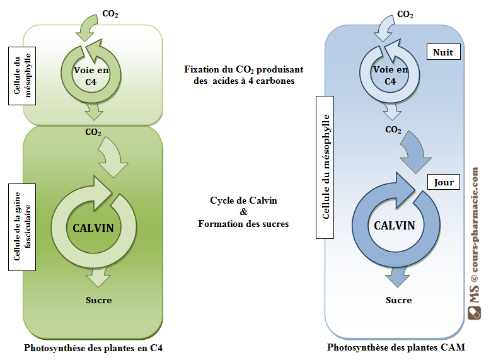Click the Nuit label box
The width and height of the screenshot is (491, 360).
click(443, 52)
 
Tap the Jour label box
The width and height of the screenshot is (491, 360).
click(444, 182)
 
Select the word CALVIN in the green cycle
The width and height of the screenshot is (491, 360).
click(93, 228)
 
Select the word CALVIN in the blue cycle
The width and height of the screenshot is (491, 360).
click(395, 225)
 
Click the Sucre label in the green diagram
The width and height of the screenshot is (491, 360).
click(98, 300)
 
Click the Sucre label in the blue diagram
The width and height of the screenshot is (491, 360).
click(398, 300)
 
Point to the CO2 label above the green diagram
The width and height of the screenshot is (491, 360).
click(110, 13)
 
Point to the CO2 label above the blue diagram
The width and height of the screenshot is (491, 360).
click(405, 15)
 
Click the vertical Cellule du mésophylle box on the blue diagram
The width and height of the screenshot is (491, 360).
click(326, 167)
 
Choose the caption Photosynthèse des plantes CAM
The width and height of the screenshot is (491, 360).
click(396, 347)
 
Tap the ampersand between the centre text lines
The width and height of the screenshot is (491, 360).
click(244, 212)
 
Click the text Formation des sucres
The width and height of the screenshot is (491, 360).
click(243, 223)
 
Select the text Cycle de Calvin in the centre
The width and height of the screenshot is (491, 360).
click(243, 200)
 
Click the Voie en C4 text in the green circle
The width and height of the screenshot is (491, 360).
click(91, 76)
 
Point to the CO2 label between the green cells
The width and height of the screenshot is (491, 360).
click(93, 133)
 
